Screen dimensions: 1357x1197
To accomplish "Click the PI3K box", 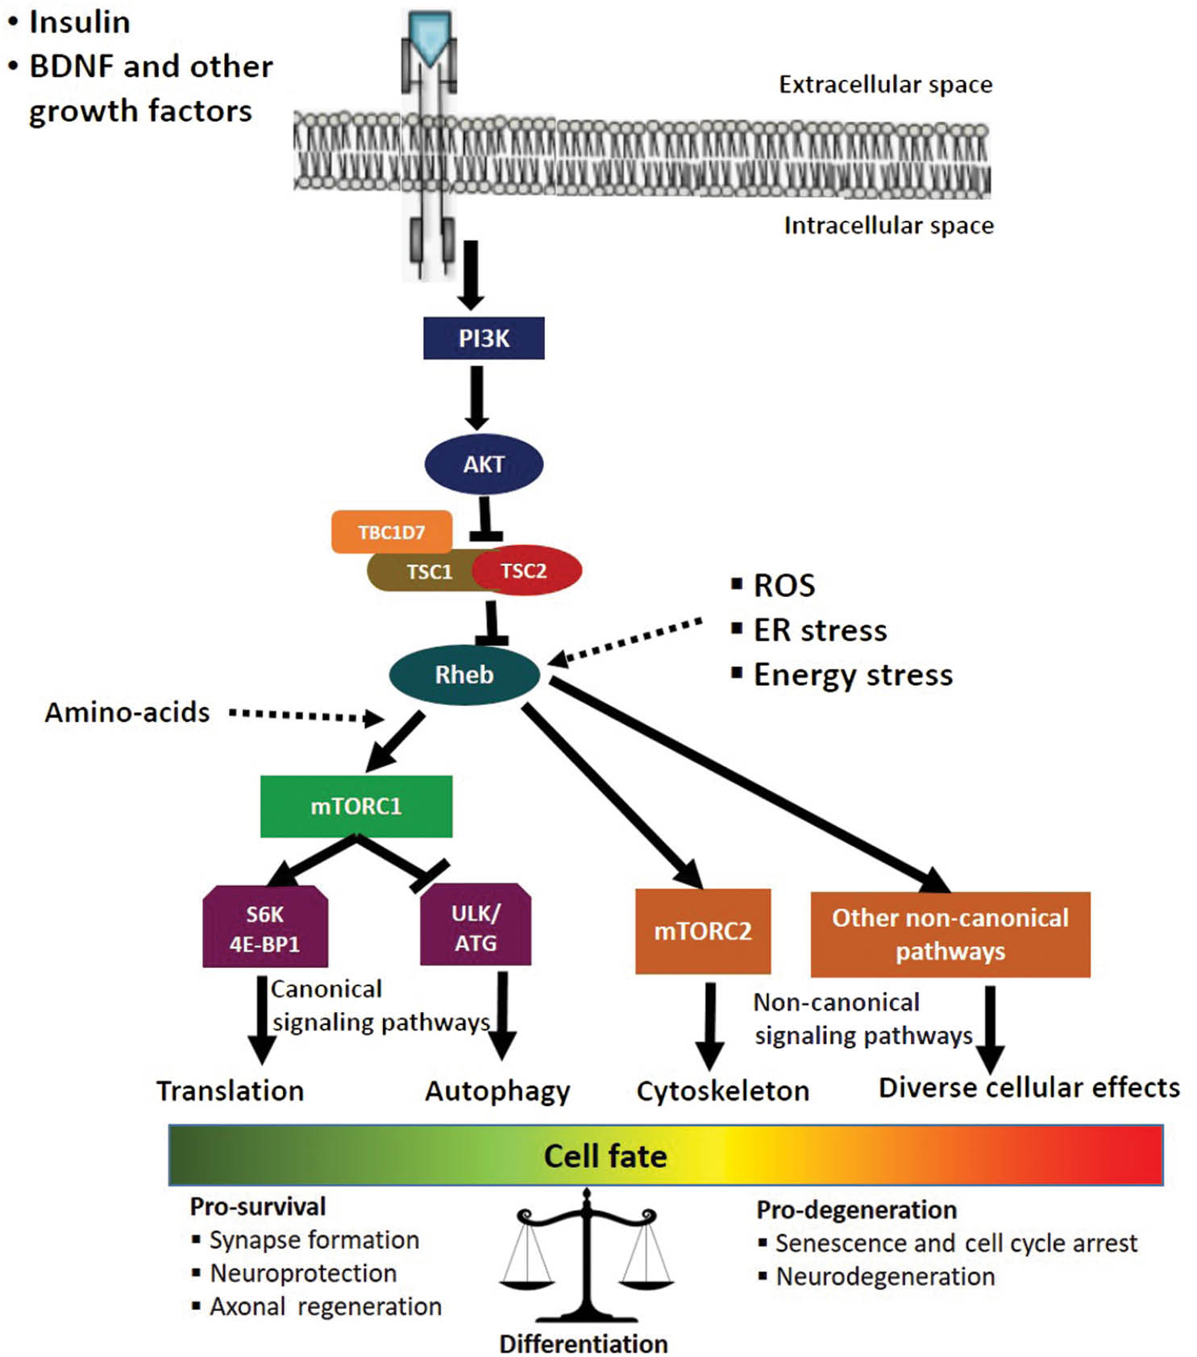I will (484, 338).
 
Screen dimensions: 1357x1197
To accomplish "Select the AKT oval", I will (484, 464).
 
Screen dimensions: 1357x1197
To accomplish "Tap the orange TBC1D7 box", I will (391, 532).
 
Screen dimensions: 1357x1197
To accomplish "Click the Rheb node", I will (464, 674).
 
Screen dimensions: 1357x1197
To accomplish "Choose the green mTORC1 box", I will (356, 806).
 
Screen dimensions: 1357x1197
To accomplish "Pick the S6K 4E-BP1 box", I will (265, 928).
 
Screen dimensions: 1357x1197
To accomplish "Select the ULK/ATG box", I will (476, 927).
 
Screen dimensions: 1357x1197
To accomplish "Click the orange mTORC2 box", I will (703, 932).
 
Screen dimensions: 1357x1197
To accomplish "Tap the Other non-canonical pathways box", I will (950, 934).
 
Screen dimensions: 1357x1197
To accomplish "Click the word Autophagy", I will (497, 1091).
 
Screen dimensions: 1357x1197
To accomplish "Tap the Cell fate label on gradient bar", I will (605, 1156).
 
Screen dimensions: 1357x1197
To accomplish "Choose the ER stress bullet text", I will (820, 630).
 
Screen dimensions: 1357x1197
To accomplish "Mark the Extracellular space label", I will (885, 85).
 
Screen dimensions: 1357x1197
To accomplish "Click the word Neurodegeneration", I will (885, 1276).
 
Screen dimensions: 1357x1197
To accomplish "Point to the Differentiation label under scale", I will (584, 1343).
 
